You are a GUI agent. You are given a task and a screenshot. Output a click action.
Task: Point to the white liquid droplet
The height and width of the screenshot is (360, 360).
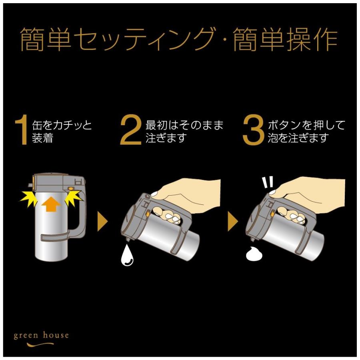(x=128, y=256)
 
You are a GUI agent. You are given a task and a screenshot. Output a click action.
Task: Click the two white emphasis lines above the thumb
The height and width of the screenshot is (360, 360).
(x=267, y=182)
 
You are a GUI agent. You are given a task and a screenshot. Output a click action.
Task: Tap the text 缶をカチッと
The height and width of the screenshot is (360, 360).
(x=62, y=125)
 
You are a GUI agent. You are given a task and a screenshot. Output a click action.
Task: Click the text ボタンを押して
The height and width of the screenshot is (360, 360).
(x=306, y=125)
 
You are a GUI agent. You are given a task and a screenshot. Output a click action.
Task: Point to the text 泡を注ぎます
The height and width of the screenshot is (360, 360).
(x=298, y=138)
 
